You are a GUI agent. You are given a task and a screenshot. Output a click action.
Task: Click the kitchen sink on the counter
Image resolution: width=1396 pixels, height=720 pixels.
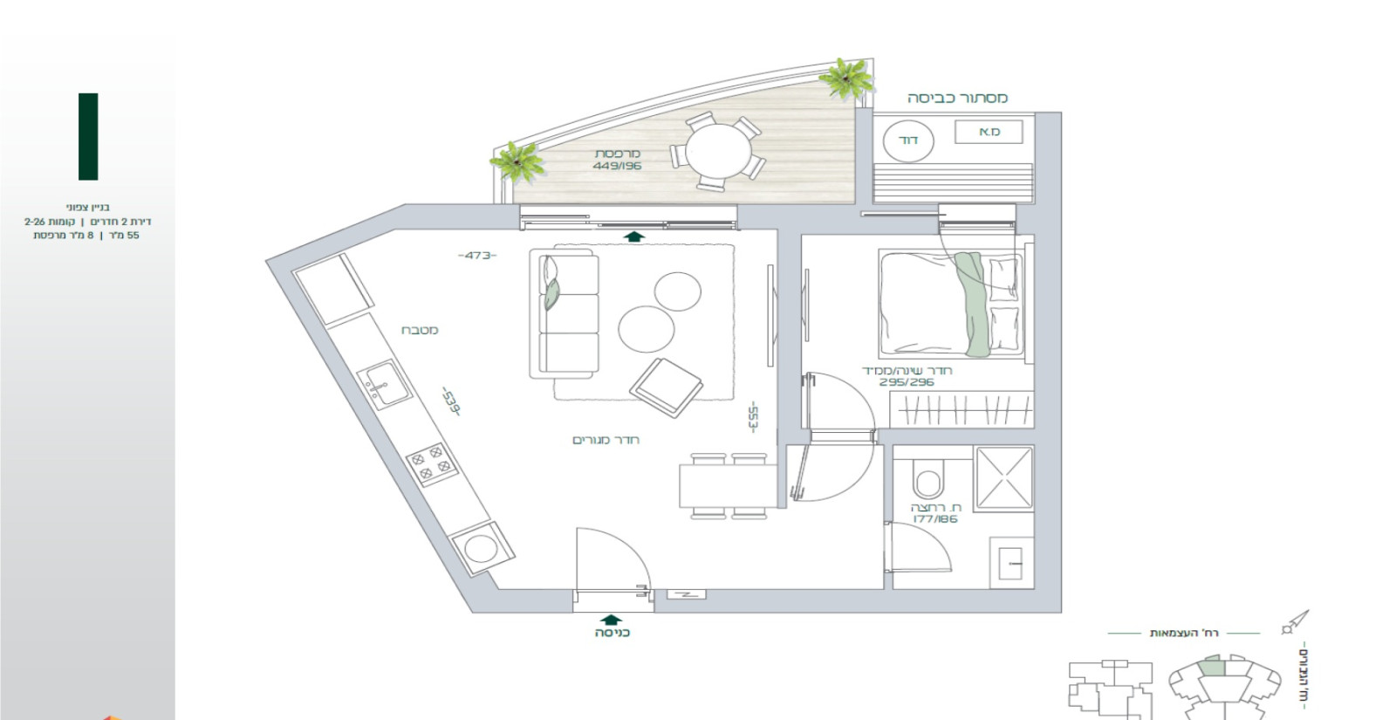(385, 385)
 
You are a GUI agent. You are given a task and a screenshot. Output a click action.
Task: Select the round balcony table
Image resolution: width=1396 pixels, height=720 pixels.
(718, 152)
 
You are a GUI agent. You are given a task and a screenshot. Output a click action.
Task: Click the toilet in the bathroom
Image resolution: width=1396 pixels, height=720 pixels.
(927, 481)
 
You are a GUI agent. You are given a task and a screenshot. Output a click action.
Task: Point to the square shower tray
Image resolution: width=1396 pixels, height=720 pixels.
(1003, 478)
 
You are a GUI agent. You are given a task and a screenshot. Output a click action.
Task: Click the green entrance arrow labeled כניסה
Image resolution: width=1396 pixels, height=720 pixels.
(612, 621)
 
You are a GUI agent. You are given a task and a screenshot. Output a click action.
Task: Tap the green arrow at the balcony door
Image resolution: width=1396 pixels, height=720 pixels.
(634, 235)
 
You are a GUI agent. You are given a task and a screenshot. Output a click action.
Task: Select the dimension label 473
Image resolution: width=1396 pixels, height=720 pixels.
(477, 255)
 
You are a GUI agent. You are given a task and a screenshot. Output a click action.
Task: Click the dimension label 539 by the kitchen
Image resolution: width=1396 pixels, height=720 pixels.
(450, 402)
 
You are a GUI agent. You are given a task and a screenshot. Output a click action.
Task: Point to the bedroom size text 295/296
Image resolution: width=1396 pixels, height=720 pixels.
(907, 382)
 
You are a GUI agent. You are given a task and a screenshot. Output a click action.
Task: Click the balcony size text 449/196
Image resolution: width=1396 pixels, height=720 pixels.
(617, 166)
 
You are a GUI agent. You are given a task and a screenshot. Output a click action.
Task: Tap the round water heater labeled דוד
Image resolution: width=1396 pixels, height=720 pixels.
(908, 141)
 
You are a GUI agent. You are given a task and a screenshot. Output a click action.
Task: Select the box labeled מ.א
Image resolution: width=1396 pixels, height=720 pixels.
(989, 132)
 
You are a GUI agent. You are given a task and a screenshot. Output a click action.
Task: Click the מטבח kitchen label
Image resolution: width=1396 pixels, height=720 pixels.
(420, 330)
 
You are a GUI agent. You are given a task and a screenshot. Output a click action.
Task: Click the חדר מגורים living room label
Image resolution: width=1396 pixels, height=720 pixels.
(606, 439)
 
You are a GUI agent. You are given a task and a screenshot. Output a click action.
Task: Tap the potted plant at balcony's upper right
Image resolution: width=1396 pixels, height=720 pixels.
(845, 78)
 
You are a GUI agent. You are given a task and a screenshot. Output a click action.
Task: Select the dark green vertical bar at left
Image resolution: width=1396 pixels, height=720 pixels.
(88, 136)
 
